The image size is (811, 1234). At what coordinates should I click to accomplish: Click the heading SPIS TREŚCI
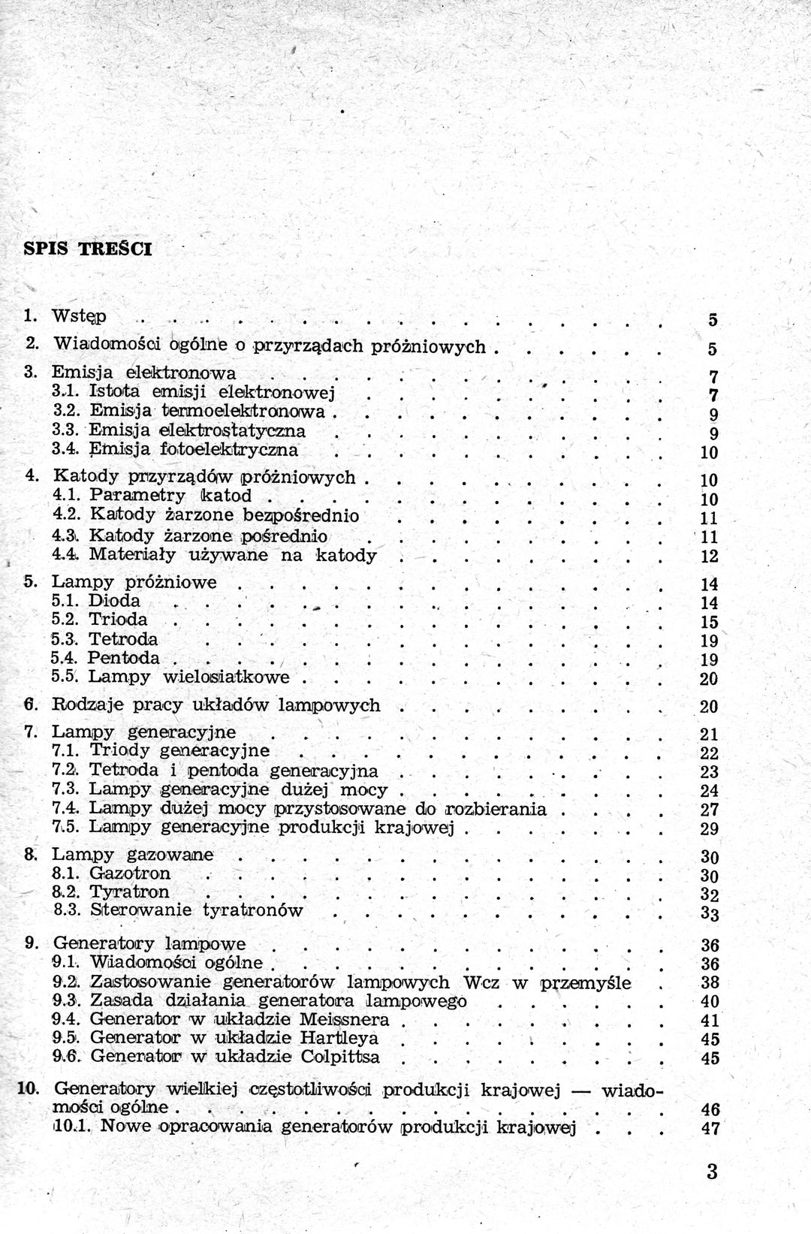point(87,249)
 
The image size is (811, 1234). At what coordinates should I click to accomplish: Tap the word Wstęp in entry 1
point(80,316)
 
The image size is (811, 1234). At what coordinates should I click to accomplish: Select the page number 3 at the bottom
point(712,1172)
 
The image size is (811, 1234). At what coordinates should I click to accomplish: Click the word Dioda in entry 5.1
point(114,601)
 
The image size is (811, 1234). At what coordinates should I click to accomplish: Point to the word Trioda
point(118,620)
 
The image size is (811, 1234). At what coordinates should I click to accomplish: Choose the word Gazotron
point(130,873)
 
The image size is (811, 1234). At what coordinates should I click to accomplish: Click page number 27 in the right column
point(709,810)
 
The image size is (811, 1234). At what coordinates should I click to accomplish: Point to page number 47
point(710,1128)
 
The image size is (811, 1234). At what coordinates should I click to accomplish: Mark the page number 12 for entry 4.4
point(709,557)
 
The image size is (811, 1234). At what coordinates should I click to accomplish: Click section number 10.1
point(72,1126)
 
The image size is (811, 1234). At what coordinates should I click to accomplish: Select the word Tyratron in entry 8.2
point(129,892)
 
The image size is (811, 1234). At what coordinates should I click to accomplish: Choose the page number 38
point(710,983)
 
